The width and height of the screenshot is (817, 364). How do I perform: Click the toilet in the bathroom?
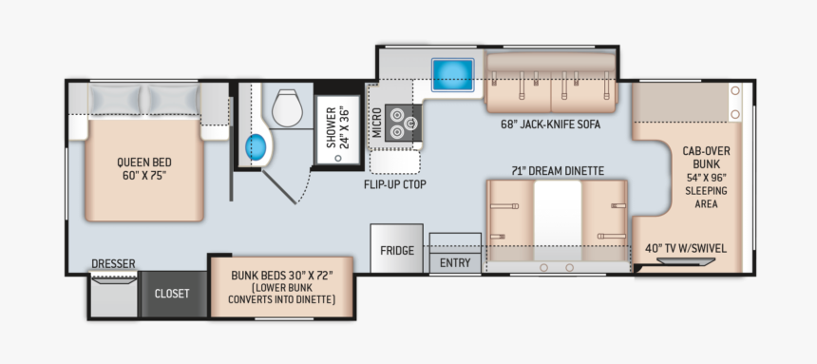287,108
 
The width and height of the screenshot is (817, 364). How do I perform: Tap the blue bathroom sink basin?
256,147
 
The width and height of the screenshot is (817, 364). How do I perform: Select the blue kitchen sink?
452,74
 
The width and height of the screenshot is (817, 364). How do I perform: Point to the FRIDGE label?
397,250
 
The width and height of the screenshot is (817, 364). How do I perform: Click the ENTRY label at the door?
455,263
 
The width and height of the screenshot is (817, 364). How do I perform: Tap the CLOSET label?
172,294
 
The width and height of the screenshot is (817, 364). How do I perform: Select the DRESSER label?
114,264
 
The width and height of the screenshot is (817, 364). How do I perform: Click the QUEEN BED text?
144,163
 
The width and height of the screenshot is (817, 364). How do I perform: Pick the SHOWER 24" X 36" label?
337,127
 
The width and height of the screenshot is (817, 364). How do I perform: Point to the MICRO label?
377,122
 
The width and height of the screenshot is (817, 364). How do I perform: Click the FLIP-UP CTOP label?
395,184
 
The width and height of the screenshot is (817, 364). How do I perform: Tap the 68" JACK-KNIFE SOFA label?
550,125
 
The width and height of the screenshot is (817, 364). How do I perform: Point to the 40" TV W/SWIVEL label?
686,248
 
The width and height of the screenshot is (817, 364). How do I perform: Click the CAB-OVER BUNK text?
707,158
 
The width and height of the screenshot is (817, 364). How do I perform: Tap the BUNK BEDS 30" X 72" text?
282,275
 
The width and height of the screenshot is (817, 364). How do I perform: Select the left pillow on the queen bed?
115,100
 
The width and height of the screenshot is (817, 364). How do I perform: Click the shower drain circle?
338,158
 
